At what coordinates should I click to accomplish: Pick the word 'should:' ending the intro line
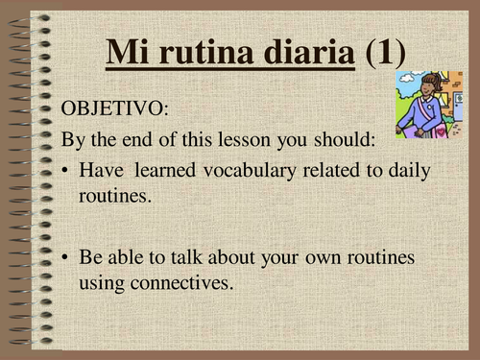point(349,141)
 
